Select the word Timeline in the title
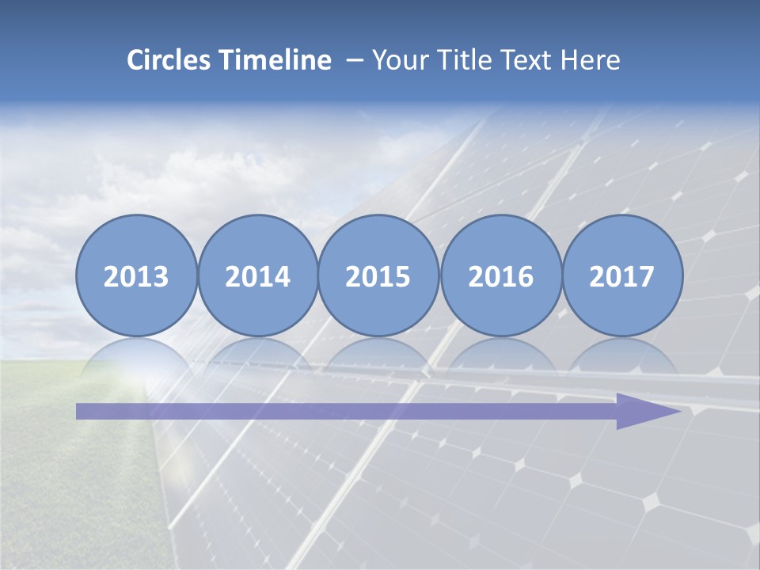(276, 60)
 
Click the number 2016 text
(500, 277)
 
